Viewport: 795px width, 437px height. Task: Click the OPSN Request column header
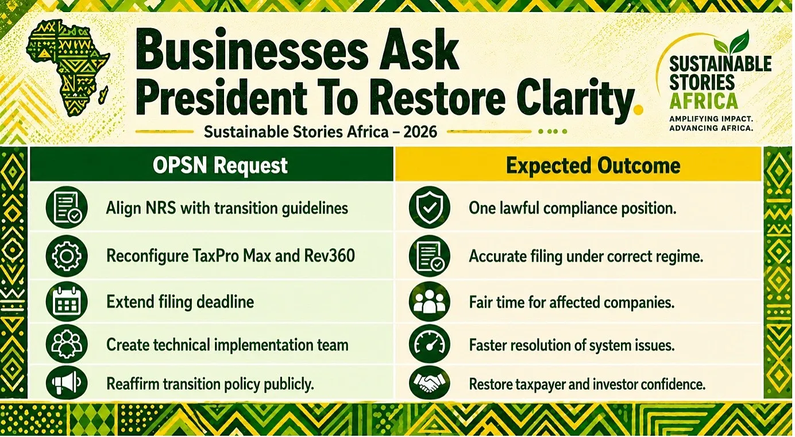pos(220,165)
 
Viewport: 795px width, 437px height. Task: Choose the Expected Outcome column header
pos(593,166)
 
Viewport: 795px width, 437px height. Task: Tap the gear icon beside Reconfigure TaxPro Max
pos(67,256)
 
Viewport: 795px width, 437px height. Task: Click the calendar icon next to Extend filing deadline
pos(67,302)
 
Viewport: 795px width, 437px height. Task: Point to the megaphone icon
pos(67,383)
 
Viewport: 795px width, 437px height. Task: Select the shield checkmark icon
pos(430,208)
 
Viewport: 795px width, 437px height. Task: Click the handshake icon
pos(430,383)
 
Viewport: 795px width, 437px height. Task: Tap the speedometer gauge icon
pos(430,344)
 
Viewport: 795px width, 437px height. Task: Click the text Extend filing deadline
pos(180,302)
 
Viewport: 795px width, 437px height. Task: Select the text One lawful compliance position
pos(573,208)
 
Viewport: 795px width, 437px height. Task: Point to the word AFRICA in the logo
pos(704,101)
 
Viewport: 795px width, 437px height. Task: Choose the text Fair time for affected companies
pos(572,302)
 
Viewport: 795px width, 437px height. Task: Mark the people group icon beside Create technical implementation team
pos(67,344)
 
